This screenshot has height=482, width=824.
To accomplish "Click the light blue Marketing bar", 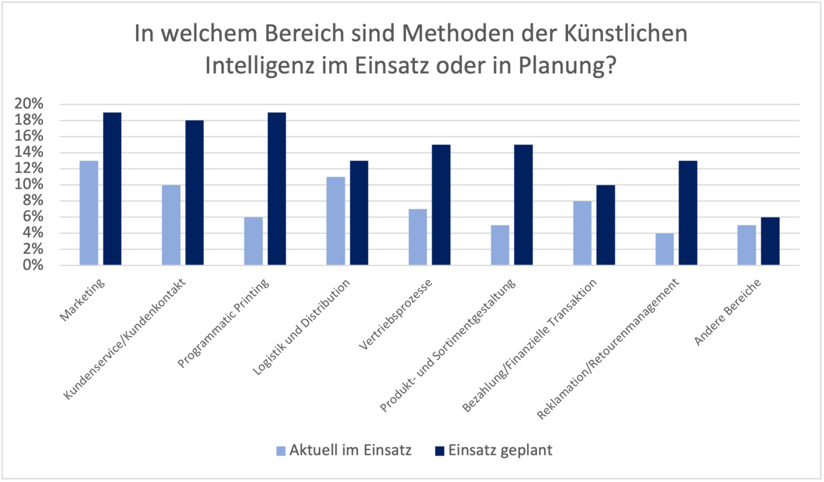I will click(x=89, y=213).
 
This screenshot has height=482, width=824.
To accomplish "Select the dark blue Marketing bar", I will click(x=112, y=189).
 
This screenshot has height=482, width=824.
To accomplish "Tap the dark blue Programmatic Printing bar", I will click(x=277, y=189).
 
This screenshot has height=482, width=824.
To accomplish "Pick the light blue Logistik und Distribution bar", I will click(x=335, y=221).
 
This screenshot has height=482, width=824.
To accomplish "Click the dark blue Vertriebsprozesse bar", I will click(x=441, y=205).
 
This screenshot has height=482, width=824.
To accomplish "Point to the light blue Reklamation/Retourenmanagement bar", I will click(x=665, y=249).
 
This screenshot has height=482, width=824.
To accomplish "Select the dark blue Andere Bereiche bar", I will click(x=770, y=241).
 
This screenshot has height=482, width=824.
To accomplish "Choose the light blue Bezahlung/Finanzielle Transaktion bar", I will click(x=583, y=233).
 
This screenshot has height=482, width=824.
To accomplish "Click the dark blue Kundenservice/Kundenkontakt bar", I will click(x=194, y=193).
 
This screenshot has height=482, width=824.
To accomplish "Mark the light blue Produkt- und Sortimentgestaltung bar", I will click(x=500, y=245).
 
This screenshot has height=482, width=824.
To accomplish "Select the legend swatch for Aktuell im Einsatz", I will click(x=281, y=451).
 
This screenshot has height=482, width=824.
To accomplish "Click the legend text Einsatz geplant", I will click(x=500, y=450).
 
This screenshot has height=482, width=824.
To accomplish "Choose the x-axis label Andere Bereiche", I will click(x=729, y=312).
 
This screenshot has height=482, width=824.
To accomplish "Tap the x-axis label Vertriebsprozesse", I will click(x=396, y=314).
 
